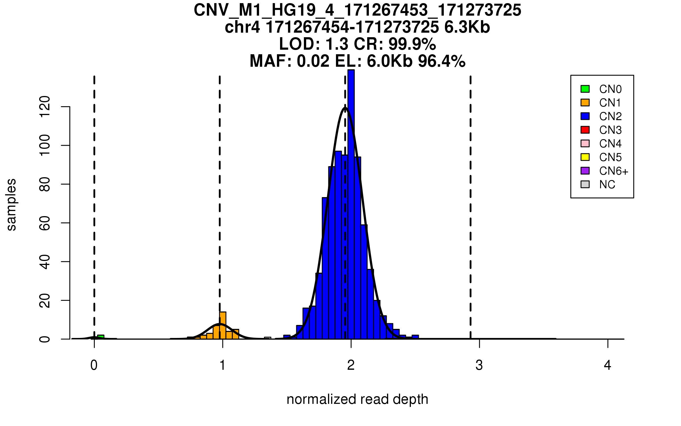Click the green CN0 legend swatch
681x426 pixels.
click(585, 89)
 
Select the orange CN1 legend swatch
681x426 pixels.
click(585, 103)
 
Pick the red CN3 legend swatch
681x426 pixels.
click(585, 130)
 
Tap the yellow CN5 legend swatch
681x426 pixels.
click(585, 157)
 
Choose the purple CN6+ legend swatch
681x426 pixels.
click(585, 171)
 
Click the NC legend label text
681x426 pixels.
click(607, 185)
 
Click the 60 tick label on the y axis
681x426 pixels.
click(45, 223)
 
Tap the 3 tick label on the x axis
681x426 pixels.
click(479, 365)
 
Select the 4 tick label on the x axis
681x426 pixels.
click(608, 365)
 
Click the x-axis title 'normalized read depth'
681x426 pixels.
click(357, 399)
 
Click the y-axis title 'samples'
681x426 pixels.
click(11, 204)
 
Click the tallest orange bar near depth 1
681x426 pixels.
click(223, 325)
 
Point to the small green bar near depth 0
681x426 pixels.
click(101, 337)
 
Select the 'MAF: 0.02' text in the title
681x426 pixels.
click(289, 61)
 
